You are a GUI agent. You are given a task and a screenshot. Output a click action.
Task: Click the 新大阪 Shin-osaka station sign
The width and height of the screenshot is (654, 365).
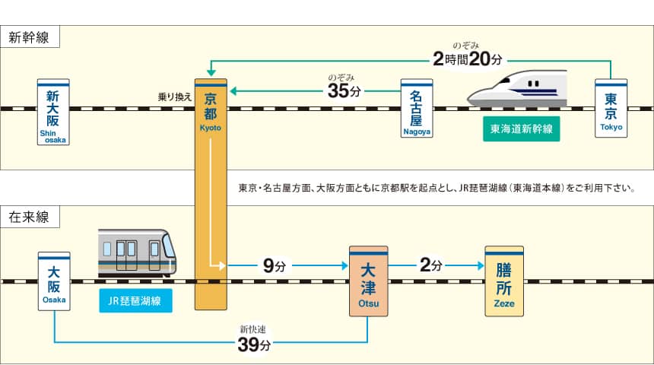coord(53,111)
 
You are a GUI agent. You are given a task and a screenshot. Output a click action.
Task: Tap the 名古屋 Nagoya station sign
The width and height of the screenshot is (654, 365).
coord(417,108)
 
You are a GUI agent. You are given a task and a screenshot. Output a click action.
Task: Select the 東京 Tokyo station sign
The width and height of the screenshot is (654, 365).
coord(611,108)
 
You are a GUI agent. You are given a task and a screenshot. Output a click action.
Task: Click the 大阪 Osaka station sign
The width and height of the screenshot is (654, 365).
coord(53,281)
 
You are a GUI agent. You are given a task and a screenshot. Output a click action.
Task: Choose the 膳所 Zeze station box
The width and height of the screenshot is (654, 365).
coord(504,281)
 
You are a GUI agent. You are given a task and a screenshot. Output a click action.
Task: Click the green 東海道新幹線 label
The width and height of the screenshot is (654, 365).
coord(521,130)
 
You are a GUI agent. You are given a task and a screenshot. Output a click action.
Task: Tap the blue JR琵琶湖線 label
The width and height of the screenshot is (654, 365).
coord(135,301)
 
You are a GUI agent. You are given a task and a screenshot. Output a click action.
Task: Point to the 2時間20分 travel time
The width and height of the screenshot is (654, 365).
coord(468,59)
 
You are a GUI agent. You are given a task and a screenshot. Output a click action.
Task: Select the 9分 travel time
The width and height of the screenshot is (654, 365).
coord(274,266)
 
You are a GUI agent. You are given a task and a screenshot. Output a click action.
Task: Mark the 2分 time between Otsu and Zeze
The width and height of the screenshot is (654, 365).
coord(430,266)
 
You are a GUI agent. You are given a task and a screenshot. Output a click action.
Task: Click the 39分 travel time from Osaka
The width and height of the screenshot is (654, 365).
coord(254,344)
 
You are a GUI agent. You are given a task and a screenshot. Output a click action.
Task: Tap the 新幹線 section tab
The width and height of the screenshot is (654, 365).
coord(30,36)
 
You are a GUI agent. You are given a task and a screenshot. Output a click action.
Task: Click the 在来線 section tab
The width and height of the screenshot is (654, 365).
coord(30,217)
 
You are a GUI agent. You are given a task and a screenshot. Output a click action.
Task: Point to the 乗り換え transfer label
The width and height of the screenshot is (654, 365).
coord(175,97)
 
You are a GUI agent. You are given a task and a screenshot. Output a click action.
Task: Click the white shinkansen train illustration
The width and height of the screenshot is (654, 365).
coord(519,88)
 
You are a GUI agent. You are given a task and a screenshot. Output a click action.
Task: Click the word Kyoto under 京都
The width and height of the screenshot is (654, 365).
coord(211,128)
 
